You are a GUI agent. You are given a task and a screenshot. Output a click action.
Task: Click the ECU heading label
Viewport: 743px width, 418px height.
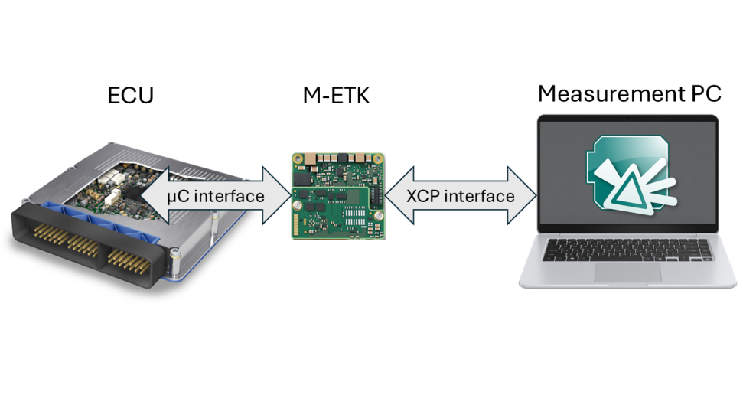(x=131, y=95)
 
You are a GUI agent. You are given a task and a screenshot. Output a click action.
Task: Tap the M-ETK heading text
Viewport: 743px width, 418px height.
(x=336, y=95)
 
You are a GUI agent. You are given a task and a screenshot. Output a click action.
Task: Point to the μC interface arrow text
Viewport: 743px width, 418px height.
(x=216, y=196)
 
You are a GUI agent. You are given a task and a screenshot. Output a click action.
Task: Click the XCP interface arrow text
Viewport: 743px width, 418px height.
(x=460, y=196)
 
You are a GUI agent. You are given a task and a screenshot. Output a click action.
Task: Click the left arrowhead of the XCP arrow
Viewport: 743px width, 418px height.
(x=399, y=195)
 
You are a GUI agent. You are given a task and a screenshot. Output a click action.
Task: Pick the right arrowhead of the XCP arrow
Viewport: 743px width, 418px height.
(x=522, y=195)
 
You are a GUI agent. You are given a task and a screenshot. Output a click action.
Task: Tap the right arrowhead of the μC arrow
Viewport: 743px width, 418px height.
(x=277, y=195)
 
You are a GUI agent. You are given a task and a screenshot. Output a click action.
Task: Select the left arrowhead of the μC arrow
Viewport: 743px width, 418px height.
(x=155, y=195)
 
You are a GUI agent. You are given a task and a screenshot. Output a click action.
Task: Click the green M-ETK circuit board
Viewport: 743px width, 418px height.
(x=338, y=196)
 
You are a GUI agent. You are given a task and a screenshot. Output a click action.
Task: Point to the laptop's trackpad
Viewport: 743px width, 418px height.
(x=627, y=273)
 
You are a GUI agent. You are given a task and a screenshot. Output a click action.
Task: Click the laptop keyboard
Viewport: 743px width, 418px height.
(x=627, y=250)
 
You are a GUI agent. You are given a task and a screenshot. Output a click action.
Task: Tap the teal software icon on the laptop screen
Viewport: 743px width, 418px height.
(x=631, y=175)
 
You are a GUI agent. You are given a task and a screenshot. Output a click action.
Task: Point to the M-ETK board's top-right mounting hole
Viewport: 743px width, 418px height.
(x=378, y=159)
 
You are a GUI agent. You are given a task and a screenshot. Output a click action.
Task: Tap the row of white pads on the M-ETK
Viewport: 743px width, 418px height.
(x=355, y=216)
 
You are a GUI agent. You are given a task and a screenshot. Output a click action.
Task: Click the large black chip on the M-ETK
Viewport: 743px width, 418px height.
(x=302, y=178)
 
